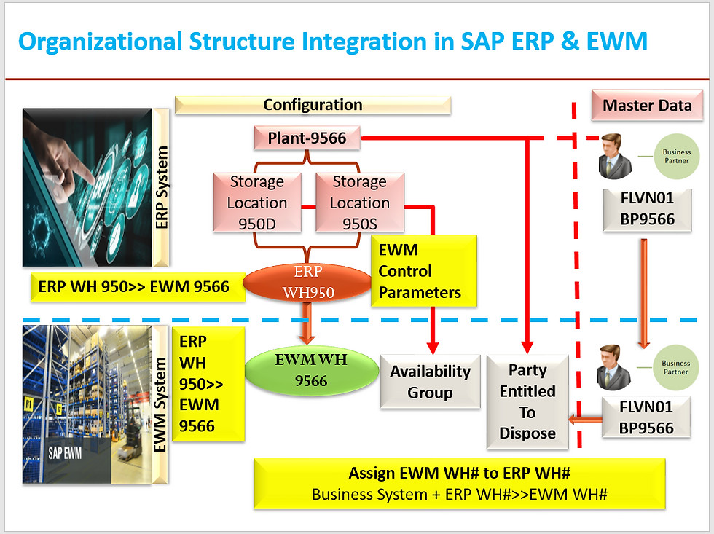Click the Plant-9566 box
point(307,138)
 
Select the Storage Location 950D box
point(256,203)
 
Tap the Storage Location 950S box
point(359,203)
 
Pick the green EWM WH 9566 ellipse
point(311,370)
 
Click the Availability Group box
point(430,382)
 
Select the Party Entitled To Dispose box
point(527,401)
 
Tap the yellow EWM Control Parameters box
point(424,271)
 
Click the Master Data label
point(647,106)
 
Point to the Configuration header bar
point(313,105)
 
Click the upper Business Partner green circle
point(676,157)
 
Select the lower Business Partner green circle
point(676,367)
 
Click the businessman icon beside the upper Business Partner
point(613,155)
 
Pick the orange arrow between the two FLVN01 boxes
point(644,291)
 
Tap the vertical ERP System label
point(162,187)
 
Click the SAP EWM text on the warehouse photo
point(65,452)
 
